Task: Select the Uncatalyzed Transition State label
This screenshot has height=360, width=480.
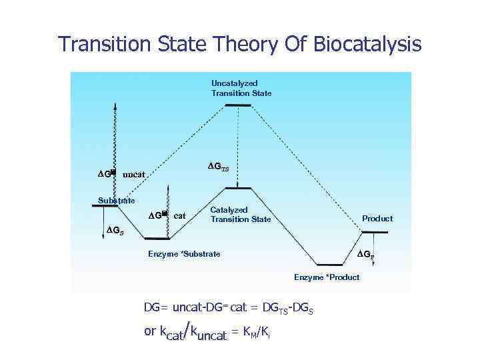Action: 241,88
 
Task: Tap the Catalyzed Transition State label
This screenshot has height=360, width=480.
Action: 241,214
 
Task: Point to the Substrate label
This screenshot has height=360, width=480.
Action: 117,200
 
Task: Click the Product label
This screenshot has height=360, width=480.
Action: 377,218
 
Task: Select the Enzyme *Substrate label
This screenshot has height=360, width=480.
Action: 184,254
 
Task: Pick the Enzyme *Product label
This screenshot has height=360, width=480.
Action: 327,277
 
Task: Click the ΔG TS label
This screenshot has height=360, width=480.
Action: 217,165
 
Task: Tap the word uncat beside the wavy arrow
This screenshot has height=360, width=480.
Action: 134,175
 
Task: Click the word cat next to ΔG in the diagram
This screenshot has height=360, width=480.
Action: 179,215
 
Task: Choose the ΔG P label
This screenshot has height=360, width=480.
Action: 365,254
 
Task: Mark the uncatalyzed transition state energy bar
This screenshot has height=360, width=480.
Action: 238,105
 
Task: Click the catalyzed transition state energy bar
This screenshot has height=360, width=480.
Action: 238,189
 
